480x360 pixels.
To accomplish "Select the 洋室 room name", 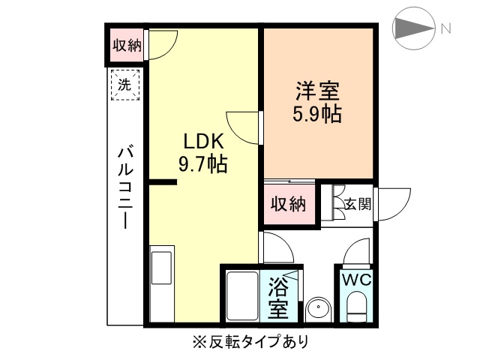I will tap(316, 93).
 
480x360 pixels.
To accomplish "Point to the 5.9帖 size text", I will tap(316, 115).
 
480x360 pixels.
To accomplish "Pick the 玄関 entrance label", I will tap(356, 202).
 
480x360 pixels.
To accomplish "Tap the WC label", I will tap(356, 280).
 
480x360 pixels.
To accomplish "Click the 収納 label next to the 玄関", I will tap(289, 203).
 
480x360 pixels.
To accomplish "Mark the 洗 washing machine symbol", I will tap(124, 84).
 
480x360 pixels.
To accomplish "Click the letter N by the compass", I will tap(445, 29).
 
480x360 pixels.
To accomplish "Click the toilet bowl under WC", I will tap(357, 307).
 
